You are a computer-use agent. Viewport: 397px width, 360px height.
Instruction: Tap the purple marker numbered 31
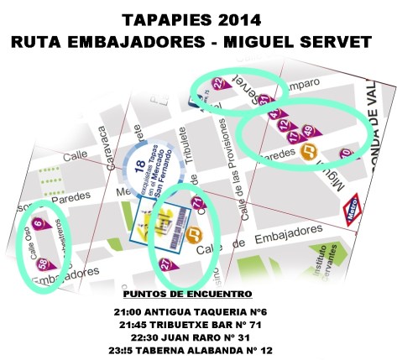point(264,101)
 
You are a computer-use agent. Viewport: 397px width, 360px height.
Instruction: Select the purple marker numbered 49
point(308,130)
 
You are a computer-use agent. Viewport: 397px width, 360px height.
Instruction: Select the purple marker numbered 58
point(43,265)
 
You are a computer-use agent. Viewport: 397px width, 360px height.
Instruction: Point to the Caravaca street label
point(107,147)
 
